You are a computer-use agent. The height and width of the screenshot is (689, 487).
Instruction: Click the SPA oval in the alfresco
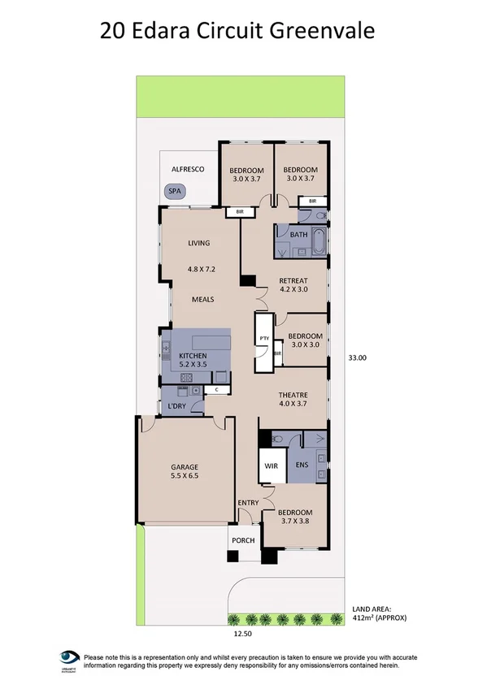(x=175, y=192)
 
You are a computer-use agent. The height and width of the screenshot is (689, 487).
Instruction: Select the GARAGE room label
(x=185, y=467)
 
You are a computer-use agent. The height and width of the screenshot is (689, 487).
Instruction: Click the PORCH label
(x=243, y=540)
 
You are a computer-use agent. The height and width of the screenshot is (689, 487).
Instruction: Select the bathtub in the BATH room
(x=317, y=241)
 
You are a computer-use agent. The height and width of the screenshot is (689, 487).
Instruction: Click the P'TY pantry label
(x=263, y=339)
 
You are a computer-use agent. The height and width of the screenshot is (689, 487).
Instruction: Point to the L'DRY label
(x=178, y=406)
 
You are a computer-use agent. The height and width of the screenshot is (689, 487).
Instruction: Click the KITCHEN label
(x=193, y=356)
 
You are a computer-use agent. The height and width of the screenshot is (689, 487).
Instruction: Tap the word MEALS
(x=202, y=299)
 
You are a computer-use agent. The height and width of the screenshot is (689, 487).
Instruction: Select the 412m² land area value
(x=379, y=617)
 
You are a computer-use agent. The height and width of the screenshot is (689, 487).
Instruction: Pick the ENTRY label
(x=248, y=504)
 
